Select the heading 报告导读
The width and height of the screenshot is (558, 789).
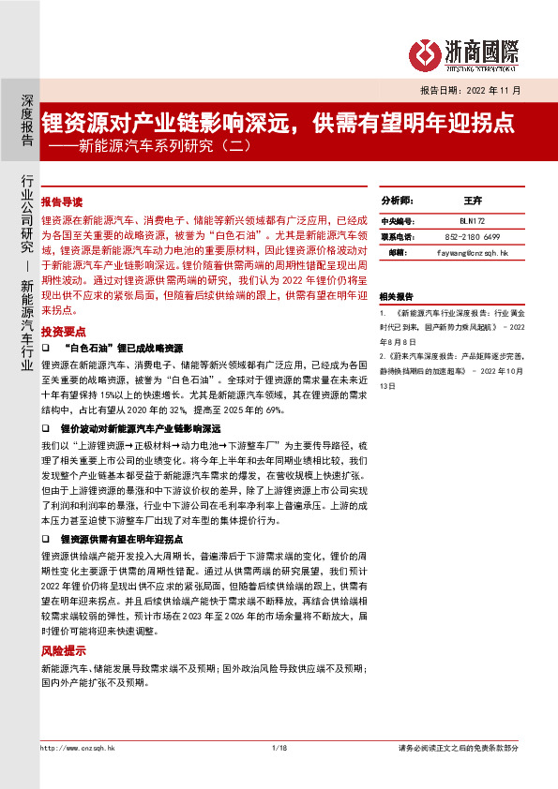pos(62,201)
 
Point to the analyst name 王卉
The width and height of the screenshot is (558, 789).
pos(472,201)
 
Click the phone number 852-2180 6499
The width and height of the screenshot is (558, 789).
pos(472,236)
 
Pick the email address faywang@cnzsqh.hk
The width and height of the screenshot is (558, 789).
pos(472,253)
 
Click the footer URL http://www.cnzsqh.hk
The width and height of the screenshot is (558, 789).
pos(77,747)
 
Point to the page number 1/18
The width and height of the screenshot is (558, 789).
pos(278,747)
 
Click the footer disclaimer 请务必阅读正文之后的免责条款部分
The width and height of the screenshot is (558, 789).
pos(459,747)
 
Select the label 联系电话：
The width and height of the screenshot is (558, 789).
pos(399,236)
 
